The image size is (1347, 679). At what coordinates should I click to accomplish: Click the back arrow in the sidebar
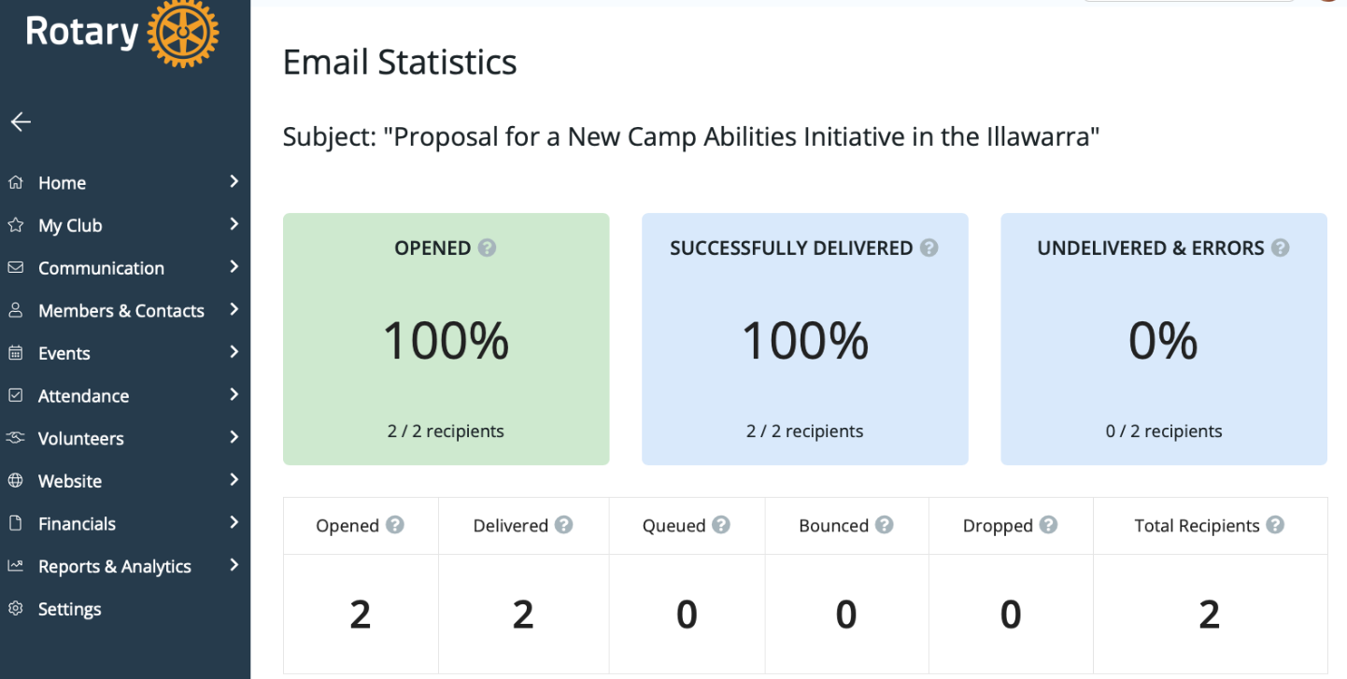coord(21,121)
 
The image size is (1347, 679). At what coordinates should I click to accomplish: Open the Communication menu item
coord(101,268)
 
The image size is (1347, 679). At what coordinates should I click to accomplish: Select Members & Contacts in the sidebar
coord(121,310)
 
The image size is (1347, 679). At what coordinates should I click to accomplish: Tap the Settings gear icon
coord(16,608)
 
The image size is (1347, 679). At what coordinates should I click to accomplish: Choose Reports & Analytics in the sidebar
coord(114,566)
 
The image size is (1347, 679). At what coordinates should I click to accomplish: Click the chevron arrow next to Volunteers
coord(234,436)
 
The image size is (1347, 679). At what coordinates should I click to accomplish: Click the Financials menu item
coord(77,523)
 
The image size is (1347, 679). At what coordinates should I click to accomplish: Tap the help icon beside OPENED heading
coord(487,248)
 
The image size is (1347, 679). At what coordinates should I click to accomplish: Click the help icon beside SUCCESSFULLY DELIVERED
coord(929,248)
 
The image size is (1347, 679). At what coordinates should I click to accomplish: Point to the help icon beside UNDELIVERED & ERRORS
coord(1281,248)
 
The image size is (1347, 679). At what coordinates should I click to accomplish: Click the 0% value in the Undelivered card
coord(1163,340)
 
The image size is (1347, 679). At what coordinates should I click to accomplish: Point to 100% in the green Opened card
coord(446,340)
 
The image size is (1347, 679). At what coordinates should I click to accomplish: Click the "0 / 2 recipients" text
coord(1164,431)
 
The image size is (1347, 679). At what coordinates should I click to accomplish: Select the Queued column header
coord(673,525)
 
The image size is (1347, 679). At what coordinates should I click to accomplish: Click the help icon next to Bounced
coord(884,525)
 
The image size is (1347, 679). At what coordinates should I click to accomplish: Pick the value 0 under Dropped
coord(1011,614)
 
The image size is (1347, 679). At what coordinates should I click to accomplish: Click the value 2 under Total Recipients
coord(1210,614)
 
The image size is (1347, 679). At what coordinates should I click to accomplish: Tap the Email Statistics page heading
coord(400,62)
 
